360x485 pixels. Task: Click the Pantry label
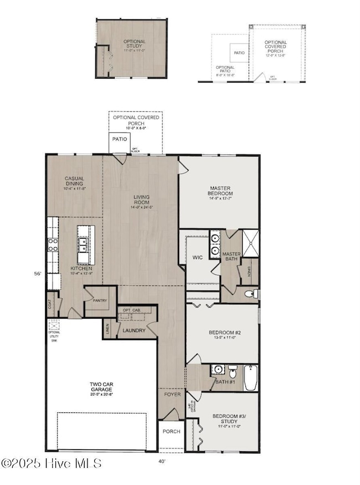tap(100, 301)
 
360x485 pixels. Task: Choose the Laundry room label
tap(134, 331)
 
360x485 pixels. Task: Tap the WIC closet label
tap(197, 258)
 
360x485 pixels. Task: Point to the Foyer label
tap(171, 396)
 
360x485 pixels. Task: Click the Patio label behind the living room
tap(119, 139)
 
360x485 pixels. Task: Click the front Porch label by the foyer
tap(171, 432)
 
